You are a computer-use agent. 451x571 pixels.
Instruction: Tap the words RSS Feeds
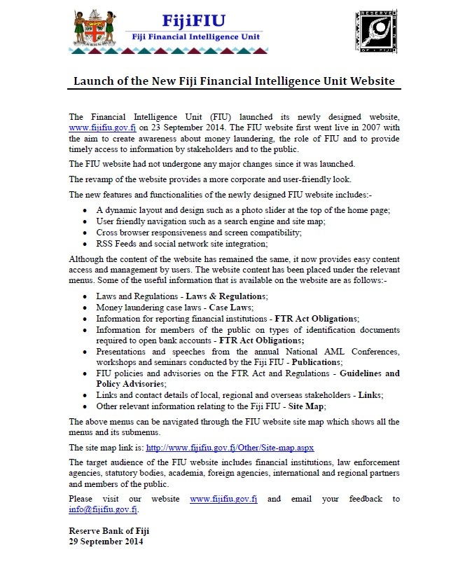click(116, 244)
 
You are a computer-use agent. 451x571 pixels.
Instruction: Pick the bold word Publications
click(314, 363)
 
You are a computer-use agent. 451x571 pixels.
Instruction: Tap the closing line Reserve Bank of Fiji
click(109, 531)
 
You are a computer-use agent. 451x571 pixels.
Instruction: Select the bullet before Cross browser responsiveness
click(85, 233)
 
